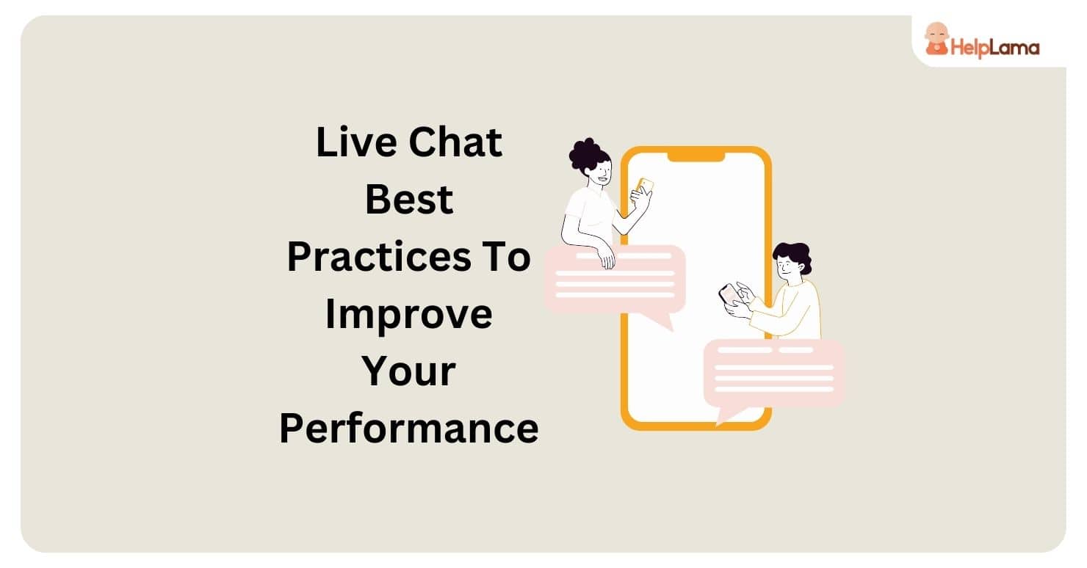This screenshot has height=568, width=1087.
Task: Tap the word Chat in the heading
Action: click(455, 142)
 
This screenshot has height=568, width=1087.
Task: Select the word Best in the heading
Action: click(409, 200)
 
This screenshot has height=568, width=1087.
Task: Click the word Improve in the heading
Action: click(409, 314)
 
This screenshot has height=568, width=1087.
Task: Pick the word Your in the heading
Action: click(409, 371)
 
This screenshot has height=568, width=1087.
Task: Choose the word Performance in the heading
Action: click(409, 429)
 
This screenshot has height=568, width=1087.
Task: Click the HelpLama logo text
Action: click(995, 48)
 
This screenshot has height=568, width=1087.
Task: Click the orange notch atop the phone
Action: click(696, 155)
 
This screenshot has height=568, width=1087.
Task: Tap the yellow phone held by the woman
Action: click(645, 186)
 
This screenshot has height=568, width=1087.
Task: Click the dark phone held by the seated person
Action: click(729, 294)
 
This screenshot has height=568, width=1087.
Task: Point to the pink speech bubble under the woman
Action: click(615, 279)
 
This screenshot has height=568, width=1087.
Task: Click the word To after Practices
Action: click(507, 257)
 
